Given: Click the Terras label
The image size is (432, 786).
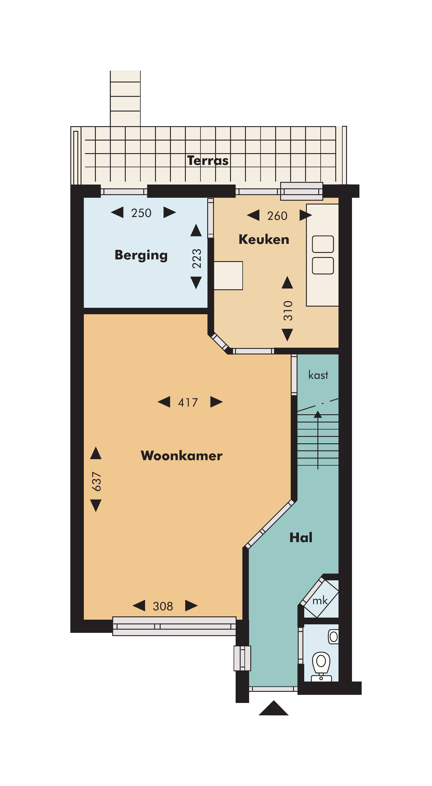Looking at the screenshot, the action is pyautogui.click(x=208, y=160).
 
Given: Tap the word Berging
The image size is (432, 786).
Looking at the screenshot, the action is pyautogui.click(x=141, y=255).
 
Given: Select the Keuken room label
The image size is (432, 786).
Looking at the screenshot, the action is pyautogui.click(x=264, y=239).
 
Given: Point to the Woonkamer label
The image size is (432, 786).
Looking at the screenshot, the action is pyautogui.click(x=181, y=456).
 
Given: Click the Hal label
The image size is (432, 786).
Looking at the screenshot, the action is pyautogui.click(x=301, y=537).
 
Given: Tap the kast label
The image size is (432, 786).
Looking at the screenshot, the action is pyautogui.click(x=318, y=375).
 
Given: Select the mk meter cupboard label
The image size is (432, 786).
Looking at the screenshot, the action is pyautogui.click(x=320, y=601).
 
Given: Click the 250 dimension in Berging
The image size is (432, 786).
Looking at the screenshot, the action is pyautogui.click(x=141, y=213).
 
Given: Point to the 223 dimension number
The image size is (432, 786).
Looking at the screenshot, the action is pyautogui.click(x=197, y=258).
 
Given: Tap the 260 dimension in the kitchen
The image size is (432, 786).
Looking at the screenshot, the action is pyautogui.click(x=277, y=216).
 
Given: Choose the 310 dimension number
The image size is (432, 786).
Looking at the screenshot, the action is pyautogui.click(x=288, y=311).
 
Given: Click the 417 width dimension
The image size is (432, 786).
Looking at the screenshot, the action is pyautogui.click(x=188, y=403).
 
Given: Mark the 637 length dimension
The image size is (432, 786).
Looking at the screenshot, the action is pyautogui.click(x=96, y=481).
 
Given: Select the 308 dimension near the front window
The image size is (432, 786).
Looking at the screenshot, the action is pyautogui.click(x=163, y=606).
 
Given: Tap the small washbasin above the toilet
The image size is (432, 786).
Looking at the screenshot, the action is pyautogui.click(x=333, y=637).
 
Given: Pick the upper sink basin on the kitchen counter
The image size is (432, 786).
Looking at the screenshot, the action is pyautogui.click(x=323, y=244).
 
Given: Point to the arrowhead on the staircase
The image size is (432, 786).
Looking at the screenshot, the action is pyautogui.click(x=318, y=414).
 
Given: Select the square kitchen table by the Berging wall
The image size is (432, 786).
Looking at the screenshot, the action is pyautogui.click(x=228, y=275).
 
